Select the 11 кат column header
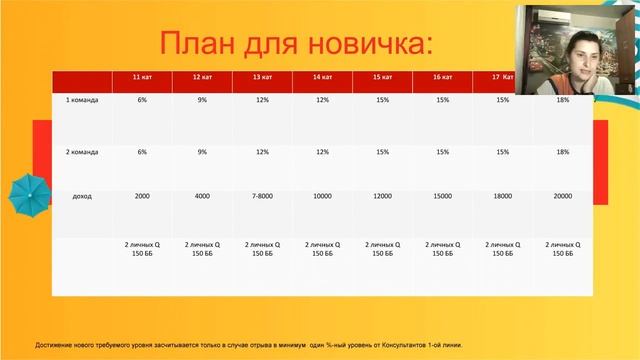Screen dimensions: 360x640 [142, 77]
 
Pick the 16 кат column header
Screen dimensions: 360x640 [442, 77]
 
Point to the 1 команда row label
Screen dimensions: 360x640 [82, 100]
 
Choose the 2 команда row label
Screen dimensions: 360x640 [82, 152]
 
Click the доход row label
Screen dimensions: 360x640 [82, 196]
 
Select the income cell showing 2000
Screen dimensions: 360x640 [142, 196]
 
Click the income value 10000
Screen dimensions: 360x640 [322, 196]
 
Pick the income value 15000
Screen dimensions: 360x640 [442, 196]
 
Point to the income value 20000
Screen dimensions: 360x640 [563, 196]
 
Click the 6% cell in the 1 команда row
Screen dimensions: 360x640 [142, 100]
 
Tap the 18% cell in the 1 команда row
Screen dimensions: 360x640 [563, 100]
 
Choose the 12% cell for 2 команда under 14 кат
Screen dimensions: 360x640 [322, 152]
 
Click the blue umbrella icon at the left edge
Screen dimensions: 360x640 [27, 191]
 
